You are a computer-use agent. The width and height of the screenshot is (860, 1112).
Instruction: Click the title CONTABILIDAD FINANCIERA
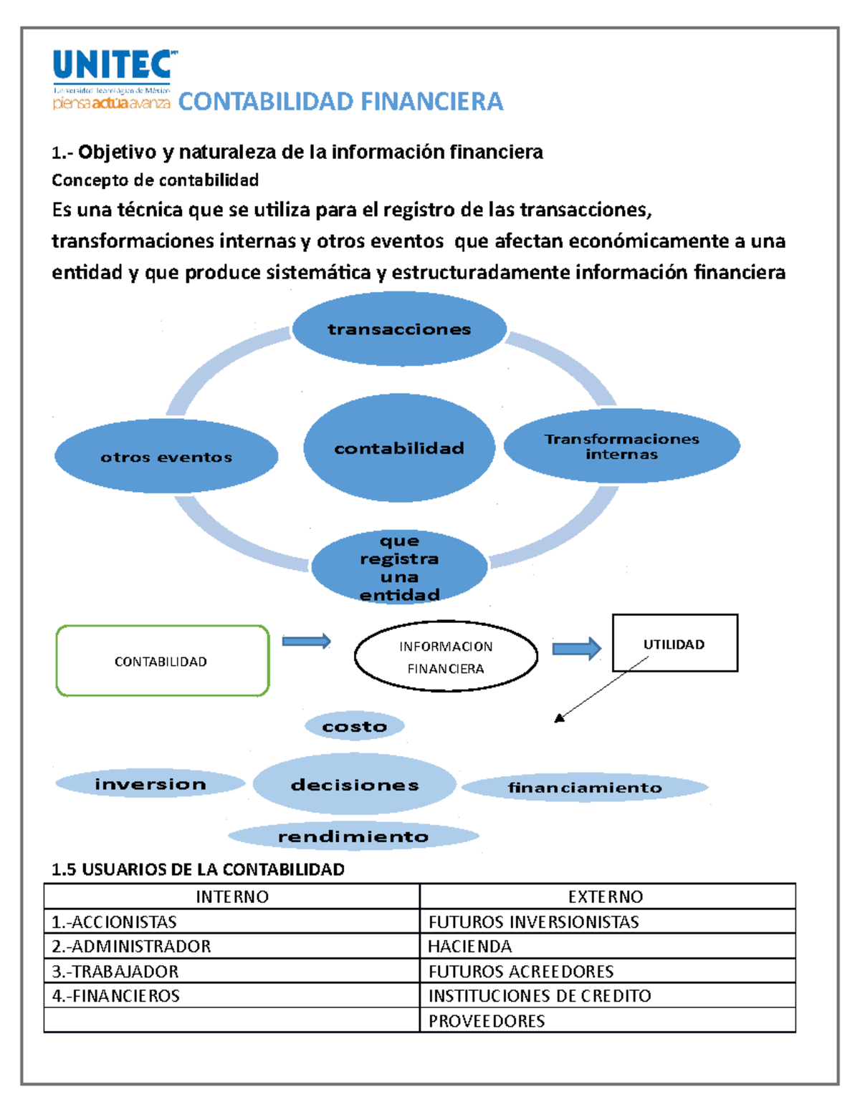point(340,102)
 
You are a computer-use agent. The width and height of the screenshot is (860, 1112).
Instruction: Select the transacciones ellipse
point(399,329)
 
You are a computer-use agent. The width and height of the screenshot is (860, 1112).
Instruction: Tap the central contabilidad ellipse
point(399,448)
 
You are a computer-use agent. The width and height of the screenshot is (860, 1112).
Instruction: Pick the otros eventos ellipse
point(166,457)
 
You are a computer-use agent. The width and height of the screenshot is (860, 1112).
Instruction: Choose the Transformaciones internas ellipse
point(621,446)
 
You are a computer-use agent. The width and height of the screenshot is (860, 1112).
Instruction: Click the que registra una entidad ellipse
point(399,567)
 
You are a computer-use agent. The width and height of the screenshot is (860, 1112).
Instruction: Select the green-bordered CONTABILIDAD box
point(162,661)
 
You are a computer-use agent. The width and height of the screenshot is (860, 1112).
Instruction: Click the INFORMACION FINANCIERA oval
point(446,657)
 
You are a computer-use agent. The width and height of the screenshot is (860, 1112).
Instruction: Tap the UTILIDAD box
point(674,643)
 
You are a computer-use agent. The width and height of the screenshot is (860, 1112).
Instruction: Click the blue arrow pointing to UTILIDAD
point(576,648)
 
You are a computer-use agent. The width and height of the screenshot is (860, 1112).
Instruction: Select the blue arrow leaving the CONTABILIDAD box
point(306,641)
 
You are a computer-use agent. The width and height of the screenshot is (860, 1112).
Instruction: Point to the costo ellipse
point(354,726)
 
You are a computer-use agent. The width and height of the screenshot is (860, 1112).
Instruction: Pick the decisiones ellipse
point(355,785)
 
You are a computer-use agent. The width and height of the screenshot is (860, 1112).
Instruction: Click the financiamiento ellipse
point(585,788)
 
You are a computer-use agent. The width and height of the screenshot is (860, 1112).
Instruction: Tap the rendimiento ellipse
point(353,836)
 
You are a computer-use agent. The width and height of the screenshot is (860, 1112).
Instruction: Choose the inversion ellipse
point(150,784)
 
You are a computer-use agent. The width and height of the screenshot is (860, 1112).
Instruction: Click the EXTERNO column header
point(606,896)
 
